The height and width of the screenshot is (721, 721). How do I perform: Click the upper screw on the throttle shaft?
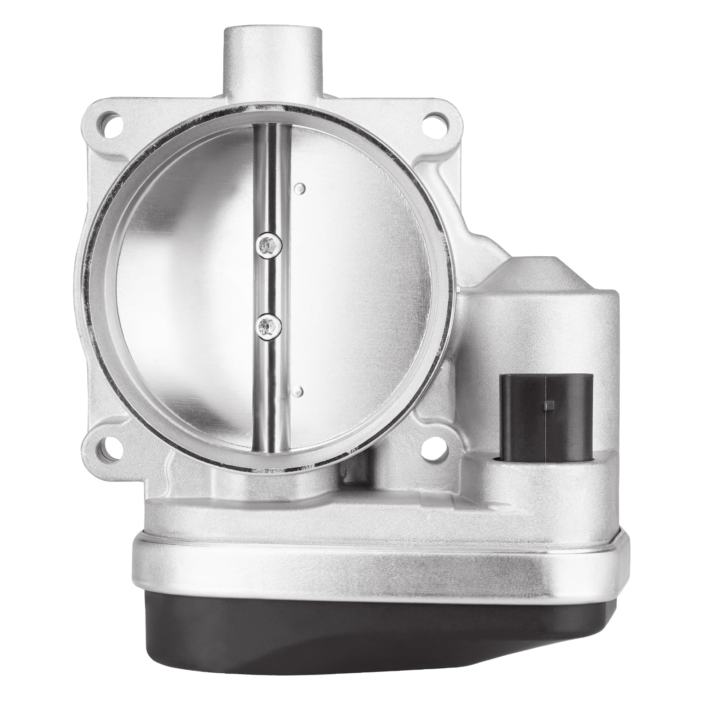[x=269, y=245]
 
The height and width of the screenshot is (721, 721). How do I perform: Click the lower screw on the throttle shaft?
[x=269, y=322]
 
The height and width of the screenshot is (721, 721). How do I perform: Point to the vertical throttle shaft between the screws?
[x=269, y=284]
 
